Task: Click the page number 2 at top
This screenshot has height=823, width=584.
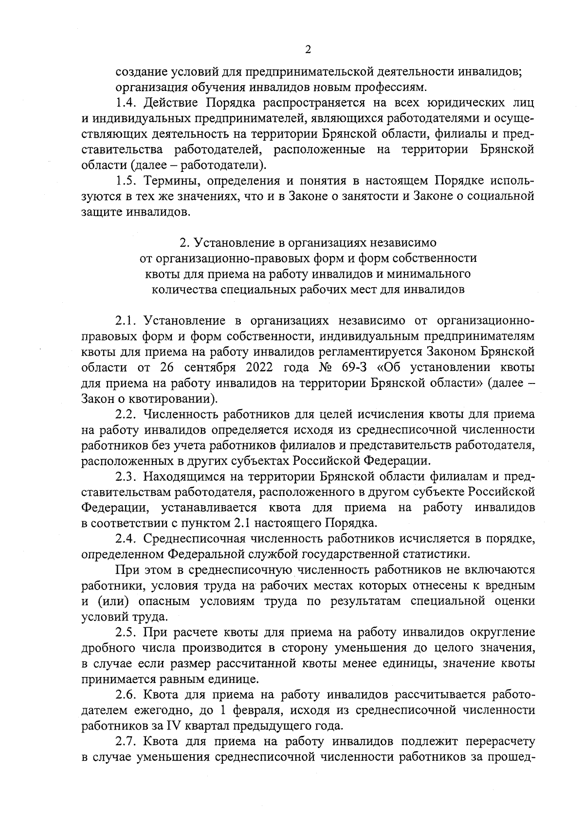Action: click(x=308, y=50)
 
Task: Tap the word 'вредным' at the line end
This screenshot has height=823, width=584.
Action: click(x=509, y=585)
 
